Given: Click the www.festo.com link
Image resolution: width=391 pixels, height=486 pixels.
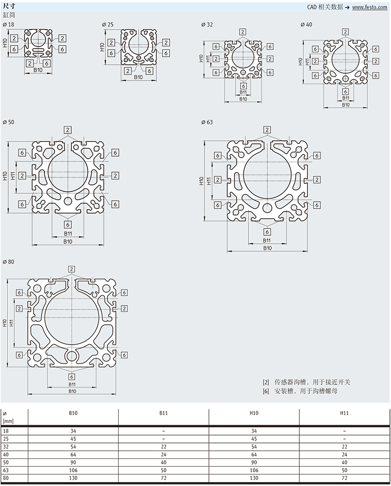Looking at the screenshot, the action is point(369,7).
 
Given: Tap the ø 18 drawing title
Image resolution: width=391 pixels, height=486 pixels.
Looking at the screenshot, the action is point(8,25).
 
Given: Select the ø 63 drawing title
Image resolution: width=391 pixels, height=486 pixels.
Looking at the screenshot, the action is point(207,122).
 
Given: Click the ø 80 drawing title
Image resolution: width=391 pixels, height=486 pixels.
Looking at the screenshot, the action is point(8,262).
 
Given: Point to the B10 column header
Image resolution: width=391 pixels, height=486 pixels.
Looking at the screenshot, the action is point(73,413).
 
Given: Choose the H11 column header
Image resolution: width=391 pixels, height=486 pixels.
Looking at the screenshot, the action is point(344,413).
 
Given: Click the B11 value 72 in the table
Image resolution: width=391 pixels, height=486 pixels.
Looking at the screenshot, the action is point(163,478).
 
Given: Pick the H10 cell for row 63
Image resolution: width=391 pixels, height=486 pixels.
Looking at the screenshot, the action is point(254,470).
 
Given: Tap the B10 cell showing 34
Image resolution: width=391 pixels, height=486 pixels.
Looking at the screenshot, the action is point(73,431).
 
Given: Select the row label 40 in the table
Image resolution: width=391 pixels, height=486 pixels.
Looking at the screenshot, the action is point(6,454).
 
